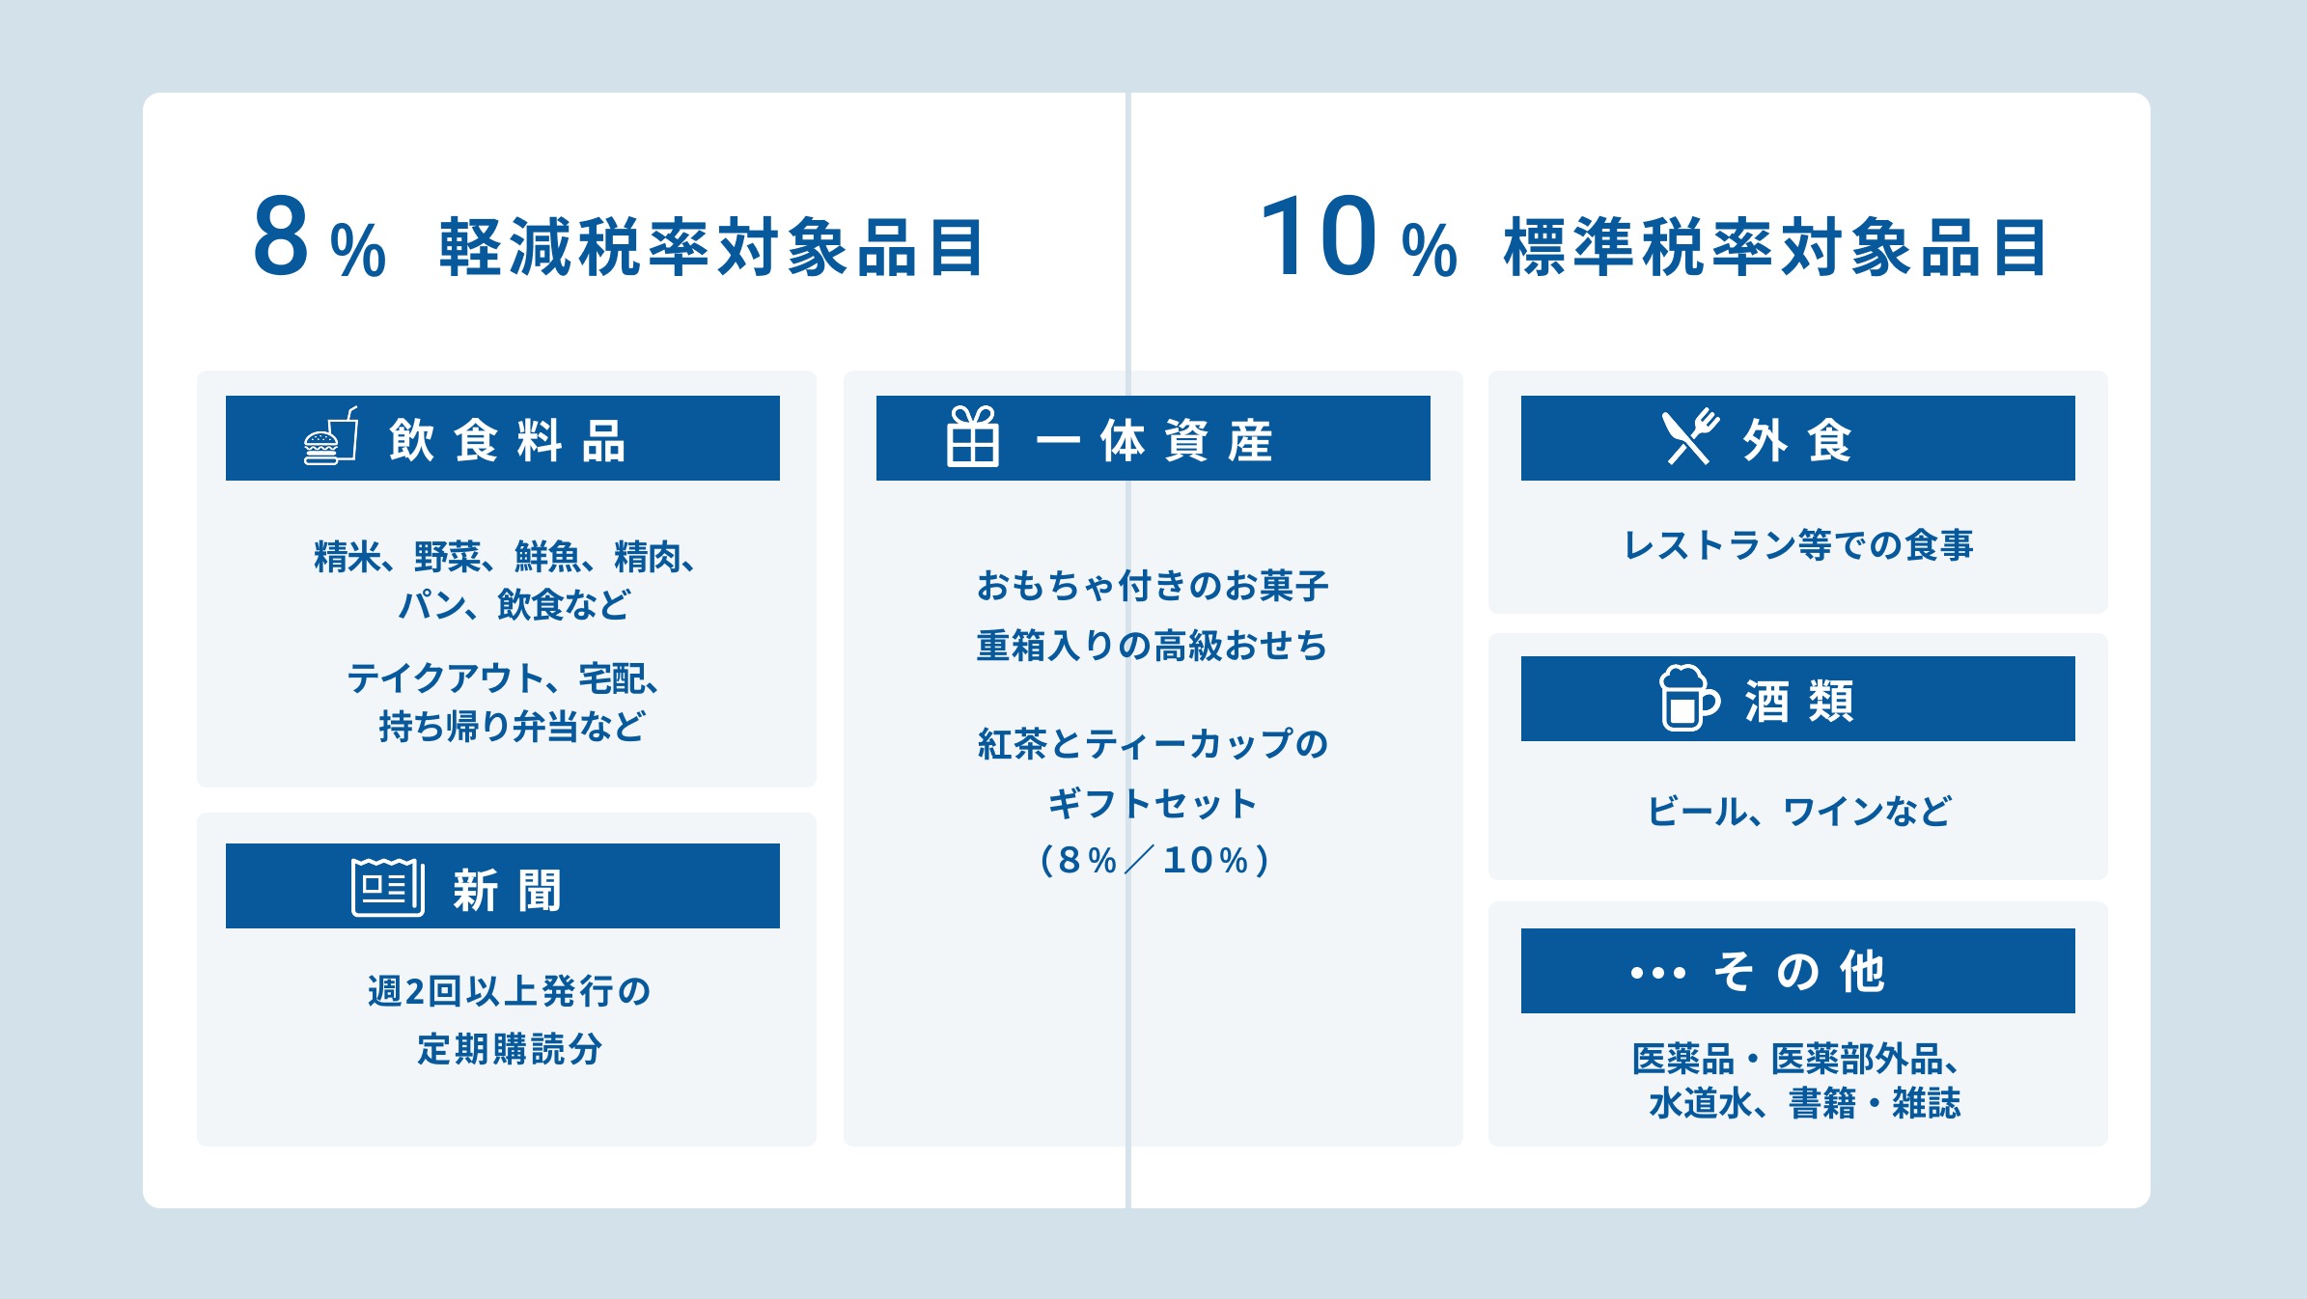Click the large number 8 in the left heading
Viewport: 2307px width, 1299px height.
281,237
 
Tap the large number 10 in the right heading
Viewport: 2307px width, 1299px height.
1320,237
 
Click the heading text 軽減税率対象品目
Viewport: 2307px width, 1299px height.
711,248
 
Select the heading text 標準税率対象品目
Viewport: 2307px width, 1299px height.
1775,248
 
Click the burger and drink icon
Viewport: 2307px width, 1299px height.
331,437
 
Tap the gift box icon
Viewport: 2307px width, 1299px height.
972,437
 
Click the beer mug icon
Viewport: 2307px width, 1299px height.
1687,699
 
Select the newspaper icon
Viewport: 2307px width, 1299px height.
387,886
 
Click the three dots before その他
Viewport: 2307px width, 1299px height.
1657,973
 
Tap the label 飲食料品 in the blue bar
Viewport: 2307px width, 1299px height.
508,441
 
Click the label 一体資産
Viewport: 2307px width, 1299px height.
1154,441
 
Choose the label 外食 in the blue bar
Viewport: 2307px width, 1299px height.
1797,441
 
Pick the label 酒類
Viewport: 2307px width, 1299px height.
1799,702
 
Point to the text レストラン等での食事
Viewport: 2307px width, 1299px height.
1798,545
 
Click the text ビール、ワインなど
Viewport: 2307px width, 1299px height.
1798,811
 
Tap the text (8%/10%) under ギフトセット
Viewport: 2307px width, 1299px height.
1153,860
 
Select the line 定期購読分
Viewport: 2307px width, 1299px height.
510,1049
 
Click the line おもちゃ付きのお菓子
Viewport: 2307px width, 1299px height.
1153,586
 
